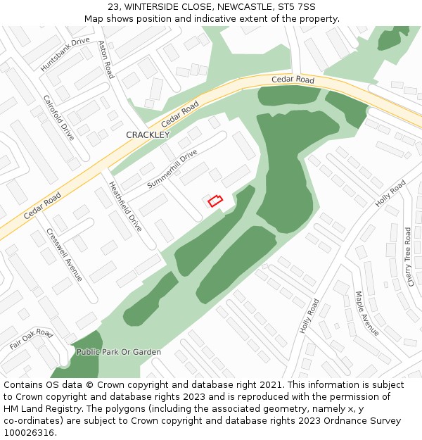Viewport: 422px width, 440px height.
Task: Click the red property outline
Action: (x=215, y=201)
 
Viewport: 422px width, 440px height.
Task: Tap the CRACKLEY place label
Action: (x=148, y=134)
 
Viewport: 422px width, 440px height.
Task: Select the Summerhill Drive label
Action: (x=172, y=168)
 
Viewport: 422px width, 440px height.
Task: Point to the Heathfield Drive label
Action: (x=125, y=206)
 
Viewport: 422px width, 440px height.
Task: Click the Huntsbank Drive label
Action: (x=65, y=54)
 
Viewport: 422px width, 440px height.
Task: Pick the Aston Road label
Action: (x=105, y=59)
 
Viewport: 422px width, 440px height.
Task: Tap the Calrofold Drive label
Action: (x=58, y=118)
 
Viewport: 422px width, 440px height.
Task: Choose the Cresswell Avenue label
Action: (x=64, y=254)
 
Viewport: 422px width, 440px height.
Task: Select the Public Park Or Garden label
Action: (x=119, y=352)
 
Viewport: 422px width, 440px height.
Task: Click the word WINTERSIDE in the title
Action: (x=152, y=7)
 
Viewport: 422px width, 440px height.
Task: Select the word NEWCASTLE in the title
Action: (x=243, y=7)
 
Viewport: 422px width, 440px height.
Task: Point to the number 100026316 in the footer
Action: (x=28, y=432)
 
